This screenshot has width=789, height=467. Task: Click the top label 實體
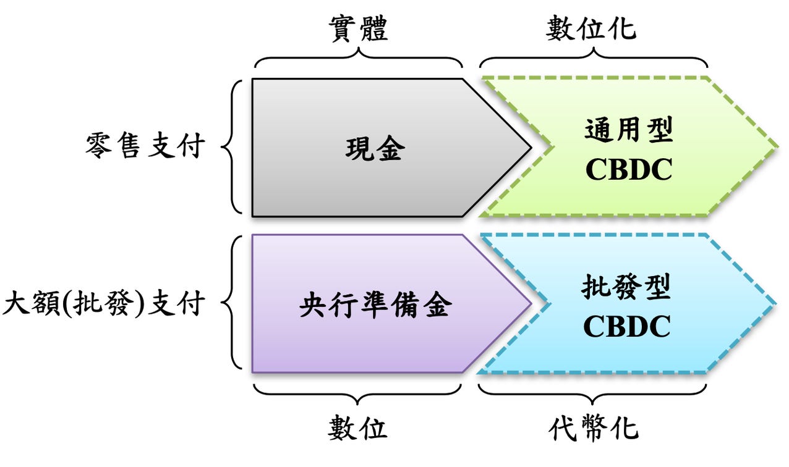click(x=357, y=29)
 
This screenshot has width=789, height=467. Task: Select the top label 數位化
click(x=591, y=29)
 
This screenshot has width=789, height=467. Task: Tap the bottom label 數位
click(x=357, y=427)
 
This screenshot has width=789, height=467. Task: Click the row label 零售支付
click(x=145, y=147)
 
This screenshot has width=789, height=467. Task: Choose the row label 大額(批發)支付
click(x=104, y=305)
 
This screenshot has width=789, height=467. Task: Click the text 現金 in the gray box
click(x=375, y=149)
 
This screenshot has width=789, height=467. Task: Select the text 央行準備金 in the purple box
click(x=374, y=306)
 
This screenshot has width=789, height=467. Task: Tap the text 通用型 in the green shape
click(x=628, y=131)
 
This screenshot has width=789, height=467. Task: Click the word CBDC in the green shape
click(x=628, y=170)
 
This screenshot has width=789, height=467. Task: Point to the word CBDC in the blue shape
click(x=627, y=327)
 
